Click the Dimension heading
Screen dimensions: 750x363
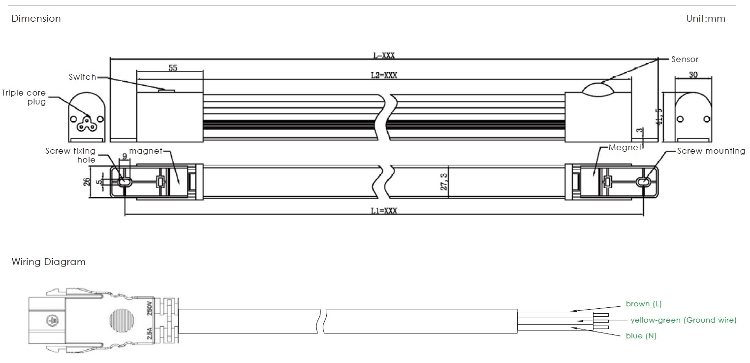(x=36, y=18)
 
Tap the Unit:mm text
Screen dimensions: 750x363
(x=706, y=18)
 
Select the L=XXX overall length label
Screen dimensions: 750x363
(x=384, y=55)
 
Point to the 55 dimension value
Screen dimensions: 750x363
(x=173, y=68)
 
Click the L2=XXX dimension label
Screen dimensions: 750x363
(x=384, y=75)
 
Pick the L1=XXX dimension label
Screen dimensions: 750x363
(x=384, y=211)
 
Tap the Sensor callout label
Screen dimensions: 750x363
(x=685, y=59)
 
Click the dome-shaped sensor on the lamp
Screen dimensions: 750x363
(x=598, y=90)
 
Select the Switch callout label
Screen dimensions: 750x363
(x=82, y=77)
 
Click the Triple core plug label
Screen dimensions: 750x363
(x=24, y=97)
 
